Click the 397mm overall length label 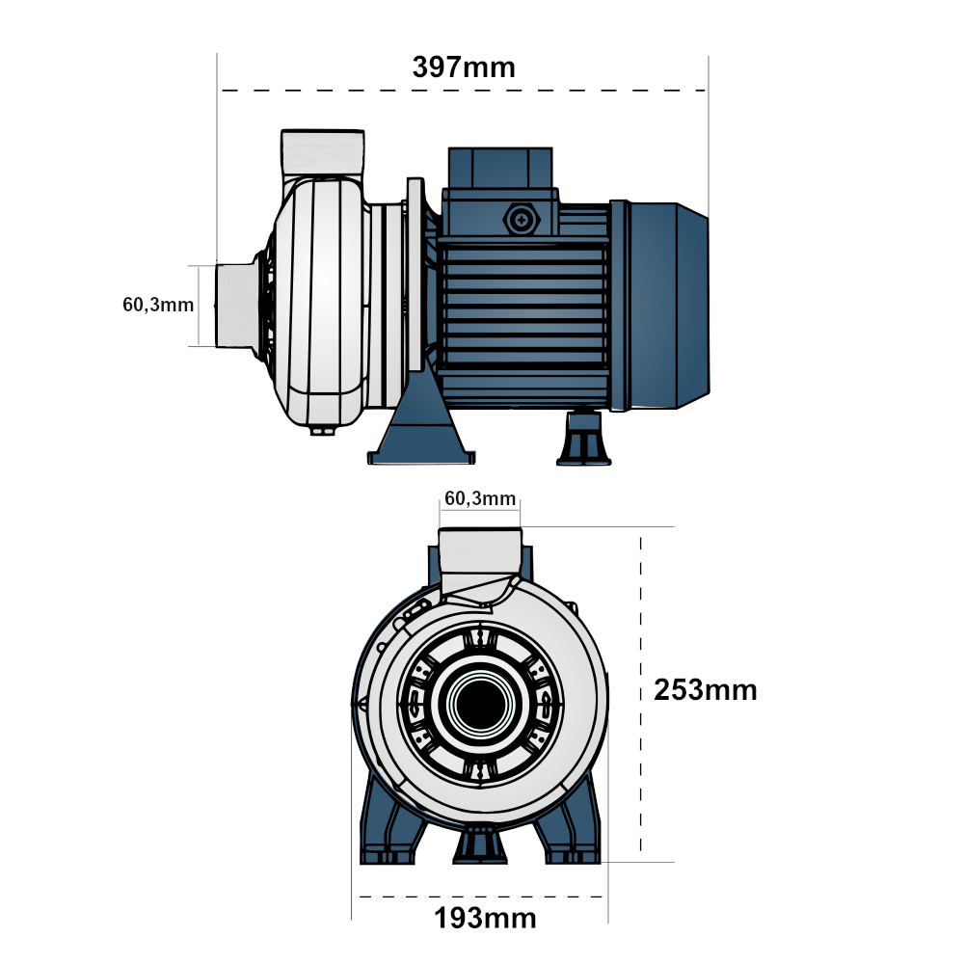pyautogui.click(x=464, y=67)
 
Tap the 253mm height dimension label pyautogui.click(x=706, y=690)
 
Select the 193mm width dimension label pyautogui.click(x=485, y=919)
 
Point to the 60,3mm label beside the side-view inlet pyautogui.click(x=158, y=305)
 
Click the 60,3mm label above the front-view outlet pyautogui.click(x=480, y=498)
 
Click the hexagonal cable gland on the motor pyautogui.click(x=522, y=220)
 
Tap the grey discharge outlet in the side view pyautogui.click(x=323, y=153)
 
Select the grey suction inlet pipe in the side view pyautogui.click(x=236, y=306)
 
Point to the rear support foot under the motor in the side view pyautogui.click(x=583, y=439)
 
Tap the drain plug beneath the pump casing pyautogui.click(x=323, y=431)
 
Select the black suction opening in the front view pyautogui.click(x=481, y=704)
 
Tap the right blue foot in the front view pyautogui.click(x=568, y=820)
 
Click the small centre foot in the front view pyautogui.click(x=480, y=845)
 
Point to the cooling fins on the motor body pyautogui.click(x=523, y=306)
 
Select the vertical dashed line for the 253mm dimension pyautogui.click(x=641, y=694)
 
